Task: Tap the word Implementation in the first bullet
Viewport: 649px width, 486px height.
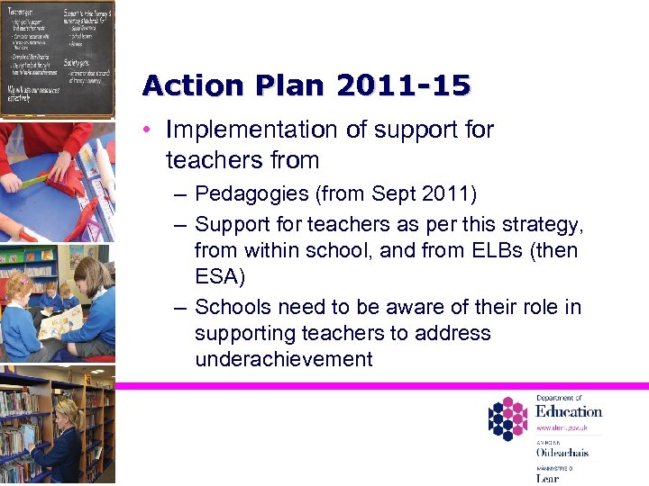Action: click(246, 130)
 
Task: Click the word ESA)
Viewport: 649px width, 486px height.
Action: click(219, 275)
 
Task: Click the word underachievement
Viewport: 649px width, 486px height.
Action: click(283, 359)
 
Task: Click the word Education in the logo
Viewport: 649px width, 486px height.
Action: click(568, 412)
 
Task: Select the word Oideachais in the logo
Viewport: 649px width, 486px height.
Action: click(562, 453)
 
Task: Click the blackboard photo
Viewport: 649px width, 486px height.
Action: click(58, 58)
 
